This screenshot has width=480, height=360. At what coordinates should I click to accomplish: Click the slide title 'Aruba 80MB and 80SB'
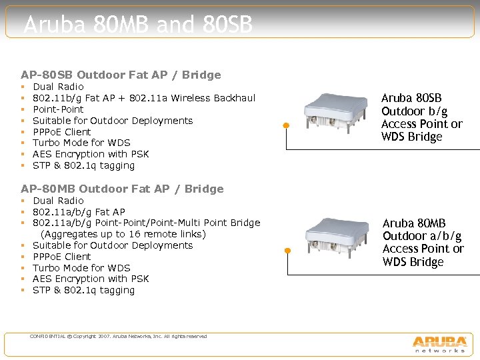(x=138, y=25)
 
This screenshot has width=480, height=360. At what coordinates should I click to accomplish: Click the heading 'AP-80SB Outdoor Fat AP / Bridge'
(x=121, y=75)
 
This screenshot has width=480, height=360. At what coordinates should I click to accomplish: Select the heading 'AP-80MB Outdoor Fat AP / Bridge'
(x=122, y=189)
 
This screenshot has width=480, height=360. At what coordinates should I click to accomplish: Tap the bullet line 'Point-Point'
(x=58, y=109)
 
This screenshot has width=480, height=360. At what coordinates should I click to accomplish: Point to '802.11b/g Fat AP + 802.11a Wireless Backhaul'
(x=144, y=98)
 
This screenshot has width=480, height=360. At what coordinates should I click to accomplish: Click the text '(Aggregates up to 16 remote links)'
(x=123, y=234)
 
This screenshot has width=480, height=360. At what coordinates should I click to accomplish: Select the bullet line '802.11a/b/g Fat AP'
(x=79, y=212)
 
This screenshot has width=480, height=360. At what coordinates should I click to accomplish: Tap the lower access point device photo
(x=336, y=235)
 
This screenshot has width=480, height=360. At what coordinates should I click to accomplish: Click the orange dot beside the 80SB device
(x=285, y=125)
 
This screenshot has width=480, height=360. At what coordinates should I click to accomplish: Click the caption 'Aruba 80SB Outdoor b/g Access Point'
(x=421, y=117)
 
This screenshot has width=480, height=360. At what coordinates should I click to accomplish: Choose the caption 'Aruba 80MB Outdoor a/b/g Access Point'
(x=423, y=243)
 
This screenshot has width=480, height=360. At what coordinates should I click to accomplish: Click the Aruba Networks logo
(x=439, y=343)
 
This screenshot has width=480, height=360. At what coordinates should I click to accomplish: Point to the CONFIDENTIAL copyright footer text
(x=118, y=337)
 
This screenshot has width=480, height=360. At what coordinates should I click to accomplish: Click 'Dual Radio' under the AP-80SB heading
(x=58, y=87)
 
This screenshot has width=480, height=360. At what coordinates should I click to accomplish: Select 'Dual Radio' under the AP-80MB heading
(x=58, y=201)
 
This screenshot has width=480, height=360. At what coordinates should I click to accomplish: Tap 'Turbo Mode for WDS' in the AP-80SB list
(x=81, y=143)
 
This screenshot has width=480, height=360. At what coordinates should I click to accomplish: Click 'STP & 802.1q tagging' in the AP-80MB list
(x=83, y=290)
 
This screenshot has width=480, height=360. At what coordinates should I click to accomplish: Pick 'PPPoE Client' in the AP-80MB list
(x=62, y=257)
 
